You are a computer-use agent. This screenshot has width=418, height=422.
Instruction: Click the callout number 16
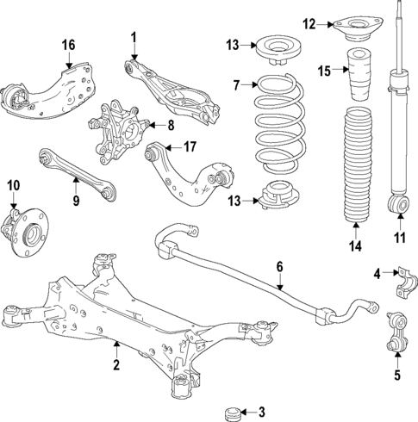68,45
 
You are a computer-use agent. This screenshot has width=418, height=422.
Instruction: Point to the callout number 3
262,413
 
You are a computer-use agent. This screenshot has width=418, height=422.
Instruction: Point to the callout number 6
279,268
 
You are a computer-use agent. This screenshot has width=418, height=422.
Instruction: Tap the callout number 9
75,202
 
